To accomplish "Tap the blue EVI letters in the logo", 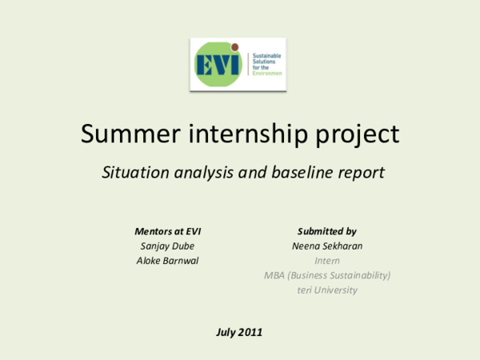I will point(218,63).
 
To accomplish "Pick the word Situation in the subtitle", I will point(131,172).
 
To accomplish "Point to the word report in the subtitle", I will point(358,173).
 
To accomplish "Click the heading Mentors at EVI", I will point(167,231).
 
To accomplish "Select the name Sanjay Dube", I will point(167,246).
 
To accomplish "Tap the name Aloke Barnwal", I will point(167,260).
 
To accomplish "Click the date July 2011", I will point(239,331).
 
